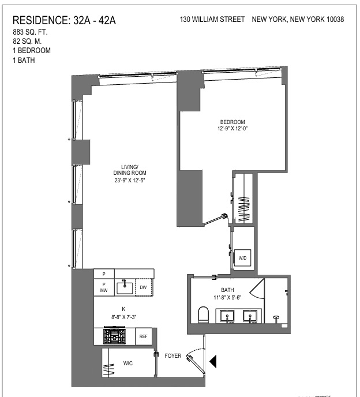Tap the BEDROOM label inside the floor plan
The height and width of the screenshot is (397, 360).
coord(232,122)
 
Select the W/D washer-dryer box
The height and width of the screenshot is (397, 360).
coord(243,257)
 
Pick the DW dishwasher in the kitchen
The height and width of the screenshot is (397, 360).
coord(144,287)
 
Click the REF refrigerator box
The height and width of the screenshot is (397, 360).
coord(144,336)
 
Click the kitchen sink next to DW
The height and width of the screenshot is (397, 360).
coord(125,286)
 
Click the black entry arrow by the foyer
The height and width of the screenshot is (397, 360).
coord(213,361)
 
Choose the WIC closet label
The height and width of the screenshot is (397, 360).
coord(129,364)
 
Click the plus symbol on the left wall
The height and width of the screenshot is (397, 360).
coord(69,140)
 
